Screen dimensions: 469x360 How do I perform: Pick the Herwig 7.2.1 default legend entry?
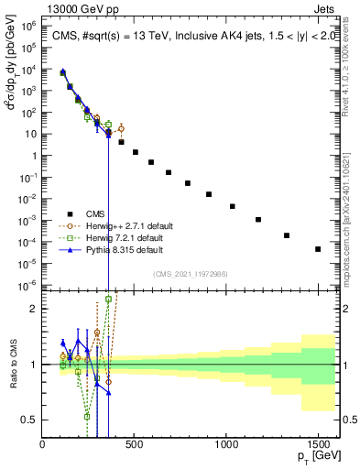[x=112, y=236]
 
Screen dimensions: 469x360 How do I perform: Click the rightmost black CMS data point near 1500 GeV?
[x=318, y=248]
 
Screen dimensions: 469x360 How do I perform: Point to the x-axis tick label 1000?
[x=226, y=443]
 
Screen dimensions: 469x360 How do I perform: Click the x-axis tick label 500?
[x=134, y=443]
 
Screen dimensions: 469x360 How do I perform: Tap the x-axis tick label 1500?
[x=318, y=443]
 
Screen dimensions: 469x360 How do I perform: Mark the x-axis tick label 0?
[x=42, y=443]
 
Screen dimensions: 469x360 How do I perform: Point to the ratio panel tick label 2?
[x=34, y=309]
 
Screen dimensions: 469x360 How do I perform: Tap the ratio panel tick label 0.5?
[x=29, y=420]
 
